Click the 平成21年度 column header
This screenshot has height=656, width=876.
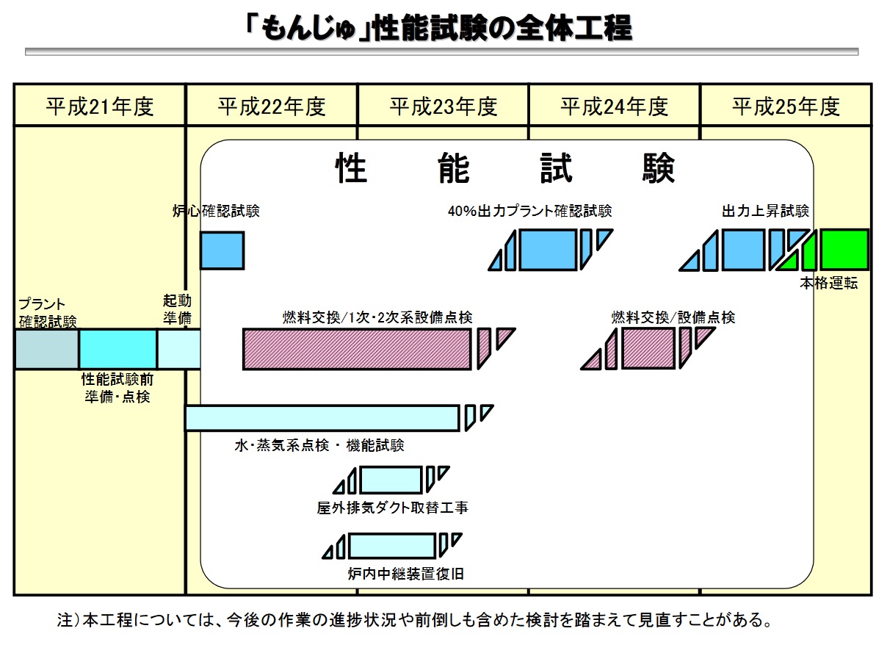click(x=100, y=107)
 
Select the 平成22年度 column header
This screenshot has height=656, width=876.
click(x=272, y=107)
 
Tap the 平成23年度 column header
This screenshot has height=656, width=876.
click(x=444, y=107)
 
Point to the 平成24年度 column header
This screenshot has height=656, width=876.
click(x=615, y=107)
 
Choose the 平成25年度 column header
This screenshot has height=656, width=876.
click(x=786, y=107)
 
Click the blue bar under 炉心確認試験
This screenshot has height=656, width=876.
click(x=222, y=250)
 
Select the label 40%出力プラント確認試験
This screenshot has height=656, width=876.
click(x=529, y=212)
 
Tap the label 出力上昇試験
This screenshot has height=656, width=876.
click(x=765, y=212)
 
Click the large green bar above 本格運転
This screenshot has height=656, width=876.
click(x=844, y=250)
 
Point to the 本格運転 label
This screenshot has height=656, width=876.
click(x=828, y=284)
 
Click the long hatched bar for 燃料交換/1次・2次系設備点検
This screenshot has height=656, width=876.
click(x=357, y=349)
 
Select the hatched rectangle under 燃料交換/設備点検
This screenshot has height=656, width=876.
click(x=648, y=348)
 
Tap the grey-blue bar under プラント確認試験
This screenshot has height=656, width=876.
click(x=47, y=349)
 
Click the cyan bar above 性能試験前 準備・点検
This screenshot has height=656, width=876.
click(x=117, y=349)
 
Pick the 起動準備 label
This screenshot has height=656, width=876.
click(x=177, y=310)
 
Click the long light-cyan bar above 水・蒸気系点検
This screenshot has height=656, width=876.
click(x=322, y=418)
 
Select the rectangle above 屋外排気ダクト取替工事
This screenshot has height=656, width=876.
click(x=391, y=480)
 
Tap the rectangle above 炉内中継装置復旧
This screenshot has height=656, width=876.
click(x=391, y=546)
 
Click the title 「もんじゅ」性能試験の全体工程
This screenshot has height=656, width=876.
click(x=439, y=29)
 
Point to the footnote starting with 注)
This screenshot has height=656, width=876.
click(x=414, y=620)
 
